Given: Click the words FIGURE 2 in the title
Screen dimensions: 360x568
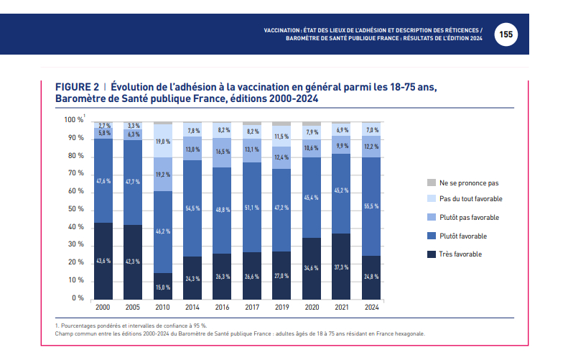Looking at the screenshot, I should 77,87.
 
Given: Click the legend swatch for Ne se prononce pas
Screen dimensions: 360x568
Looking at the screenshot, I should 431,183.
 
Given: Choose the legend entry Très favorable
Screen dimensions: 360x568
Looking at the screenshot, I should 460,254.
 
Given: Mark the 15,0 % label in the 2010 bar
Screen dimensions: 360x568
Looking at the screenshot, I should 163,287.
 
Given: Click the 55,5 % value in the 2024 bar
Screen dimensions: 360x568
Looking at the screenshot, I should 371,206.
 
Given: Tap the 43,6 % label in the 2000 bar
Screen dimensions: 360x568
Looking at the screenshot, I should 103,261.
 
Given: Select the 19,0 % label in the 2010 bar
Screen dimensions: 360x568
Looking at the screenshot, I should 163,142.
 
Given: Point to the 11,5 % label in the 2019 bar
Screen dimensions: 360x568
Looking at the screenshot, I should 282,137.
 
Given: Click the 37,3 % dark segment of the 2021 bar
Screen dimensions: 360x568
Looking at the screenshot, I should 342,267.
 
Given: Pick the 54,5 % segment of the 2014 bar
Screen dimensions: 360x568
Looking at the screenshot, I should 192,208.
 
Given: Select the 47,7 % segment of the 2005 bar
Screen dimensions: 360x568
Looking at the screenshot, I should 133,182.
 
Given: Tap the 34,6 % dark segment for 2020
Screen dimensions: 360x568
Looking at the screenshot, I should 312,268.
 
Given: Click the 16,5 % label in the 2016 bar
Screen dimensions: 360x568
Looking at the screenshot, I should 223,152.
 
